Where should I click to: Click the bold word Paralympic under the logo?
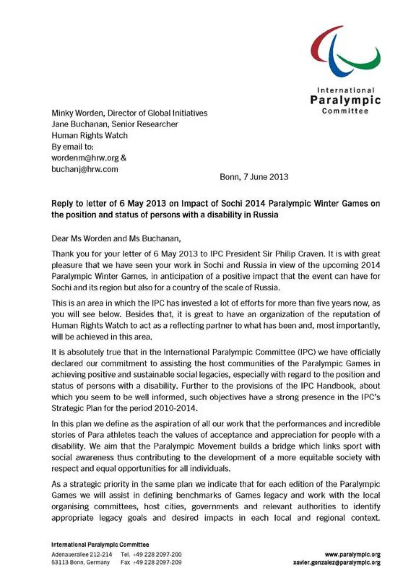tap(345, 100)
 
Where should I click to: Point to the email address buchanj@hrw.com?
tap(85, 169)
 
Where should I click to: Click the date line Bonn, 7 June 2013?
tap(254, 177)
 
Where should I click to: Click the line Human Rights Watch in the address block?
tap(90, 135)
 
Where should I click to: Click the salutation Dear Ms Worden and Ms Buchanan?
tap(116, 238)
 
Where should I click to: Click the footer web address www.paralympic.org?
tap(353, 555)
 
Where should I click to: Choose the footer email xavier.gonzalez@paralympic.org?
tap(337, 562)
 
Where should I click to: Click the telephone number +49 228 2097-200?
tap(157, 555)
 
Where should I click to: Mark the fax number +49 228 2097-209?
tap(157, 562)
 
